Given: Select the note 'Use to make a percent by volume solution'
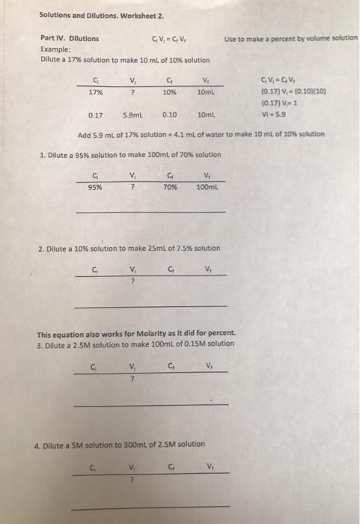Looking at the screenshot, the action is click(290, 38).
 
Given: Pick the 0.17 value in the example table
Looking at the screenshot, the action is click(95, 116).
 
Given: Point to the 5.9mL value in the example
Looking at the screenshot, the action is click(132, 116).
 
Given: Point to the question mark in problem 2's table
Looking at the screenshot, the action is click(132, 281).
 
